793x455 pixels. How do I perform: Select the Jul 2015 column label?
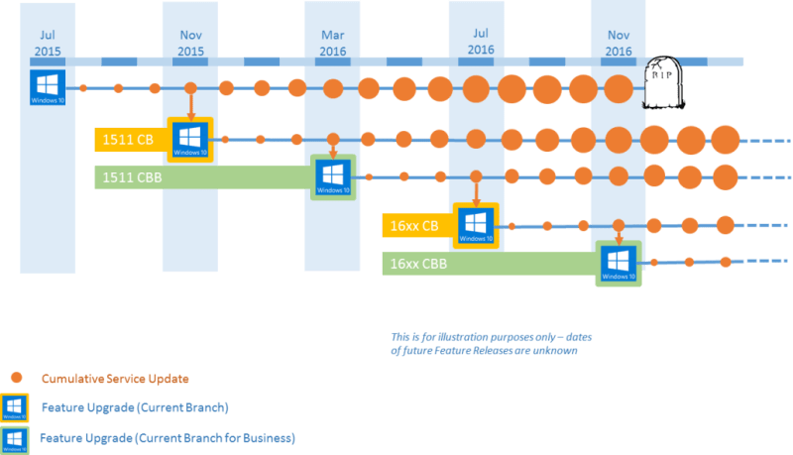click(x=47, y=43)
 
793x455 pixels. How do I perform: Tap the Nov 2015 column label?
click(x=190, y=43)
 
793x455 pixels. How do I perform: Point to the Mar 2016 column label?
click(x=332, y=43)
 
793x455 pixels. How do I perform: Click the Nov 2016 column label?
click(x=618, y=43)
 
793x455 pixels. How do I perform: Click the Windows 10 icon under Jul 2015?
click(x=47, y=86)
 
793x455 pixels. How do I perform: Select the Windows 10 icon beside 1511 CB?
click(x=190, y=140)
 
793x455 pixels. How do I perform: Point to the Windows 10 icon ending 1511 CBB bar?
click(x=333, y=177)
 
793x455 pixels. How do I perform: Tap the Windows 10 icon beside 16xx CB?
click(x=476, y=226)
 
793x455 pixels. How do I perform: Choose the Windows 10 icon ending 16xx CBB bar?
click(x=619, y=265)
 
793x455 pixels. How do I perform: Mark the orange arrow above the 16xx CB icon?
click(x=476, y=190)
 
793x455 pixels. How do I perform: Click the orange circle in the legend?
click(x=15, y=378)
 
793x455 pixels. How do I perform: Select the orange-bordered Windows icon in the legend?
click(x=15, y=407)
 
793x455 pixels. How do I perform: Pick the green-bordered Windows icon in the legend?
click(x=15, y=438)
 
